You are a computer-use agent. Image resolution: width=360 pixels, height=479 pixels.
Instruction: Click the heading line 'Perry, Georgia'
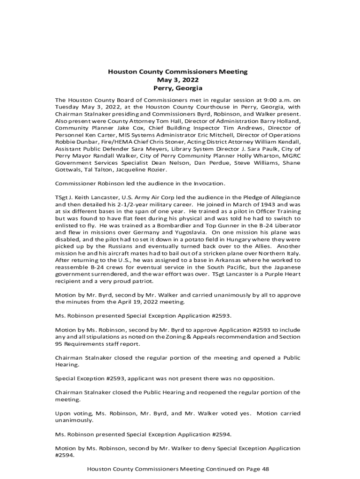click(178, 88)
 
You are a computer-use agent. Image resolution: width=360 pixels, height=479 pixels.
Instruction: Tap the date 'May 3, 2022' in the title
click(178, 80)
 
